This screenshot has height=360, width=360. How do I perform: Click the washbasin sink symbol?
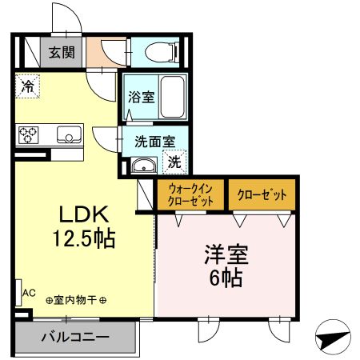145,166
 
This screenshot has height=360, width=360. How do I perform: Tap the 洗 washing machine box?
175,162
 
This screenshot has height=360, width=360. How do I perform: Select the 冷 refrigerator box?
26,86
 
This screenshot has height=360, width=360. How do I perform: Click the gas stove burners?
30,134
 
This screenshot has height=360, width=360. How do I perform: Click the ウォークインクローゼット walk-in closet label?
190,195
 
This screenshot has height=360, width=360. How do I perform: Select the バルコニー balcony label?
75,338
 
